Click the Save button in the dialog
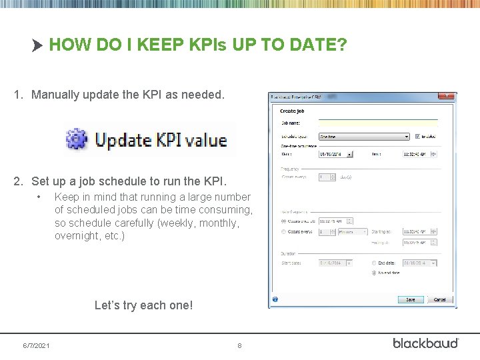point(410,299)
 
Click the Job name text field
point(377,123)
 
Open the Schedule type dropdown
point(363,136)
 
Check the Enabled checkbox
point(418,136)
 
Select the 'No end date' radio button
point(375,273)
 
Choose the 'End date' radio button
point(375,263)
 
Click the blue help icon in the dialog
point(275,299)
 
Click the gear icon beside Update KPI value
point(77,139)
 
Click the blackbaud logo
point(425,343)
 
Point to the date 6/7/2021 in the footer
point(36,345)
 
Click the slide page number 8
point(239,345)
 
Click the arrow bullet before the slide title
point(37,45)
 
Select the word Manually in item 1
point(55,95)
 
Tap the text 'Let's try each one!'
point(143,305)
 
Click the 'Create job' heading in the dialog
point(291,111)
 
